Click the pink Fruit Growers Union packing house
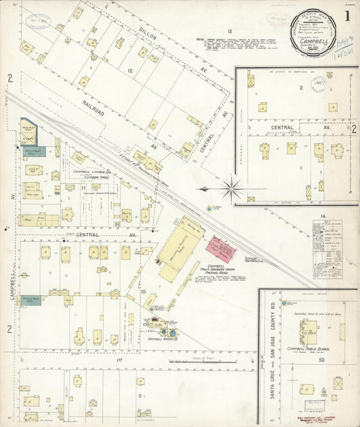[222, 251]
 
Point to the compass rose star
[232, 188]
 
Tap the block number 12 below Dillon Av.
[130, 70]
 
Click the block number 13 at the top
[230, 32]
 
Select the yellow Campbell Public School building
[308, 331]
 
